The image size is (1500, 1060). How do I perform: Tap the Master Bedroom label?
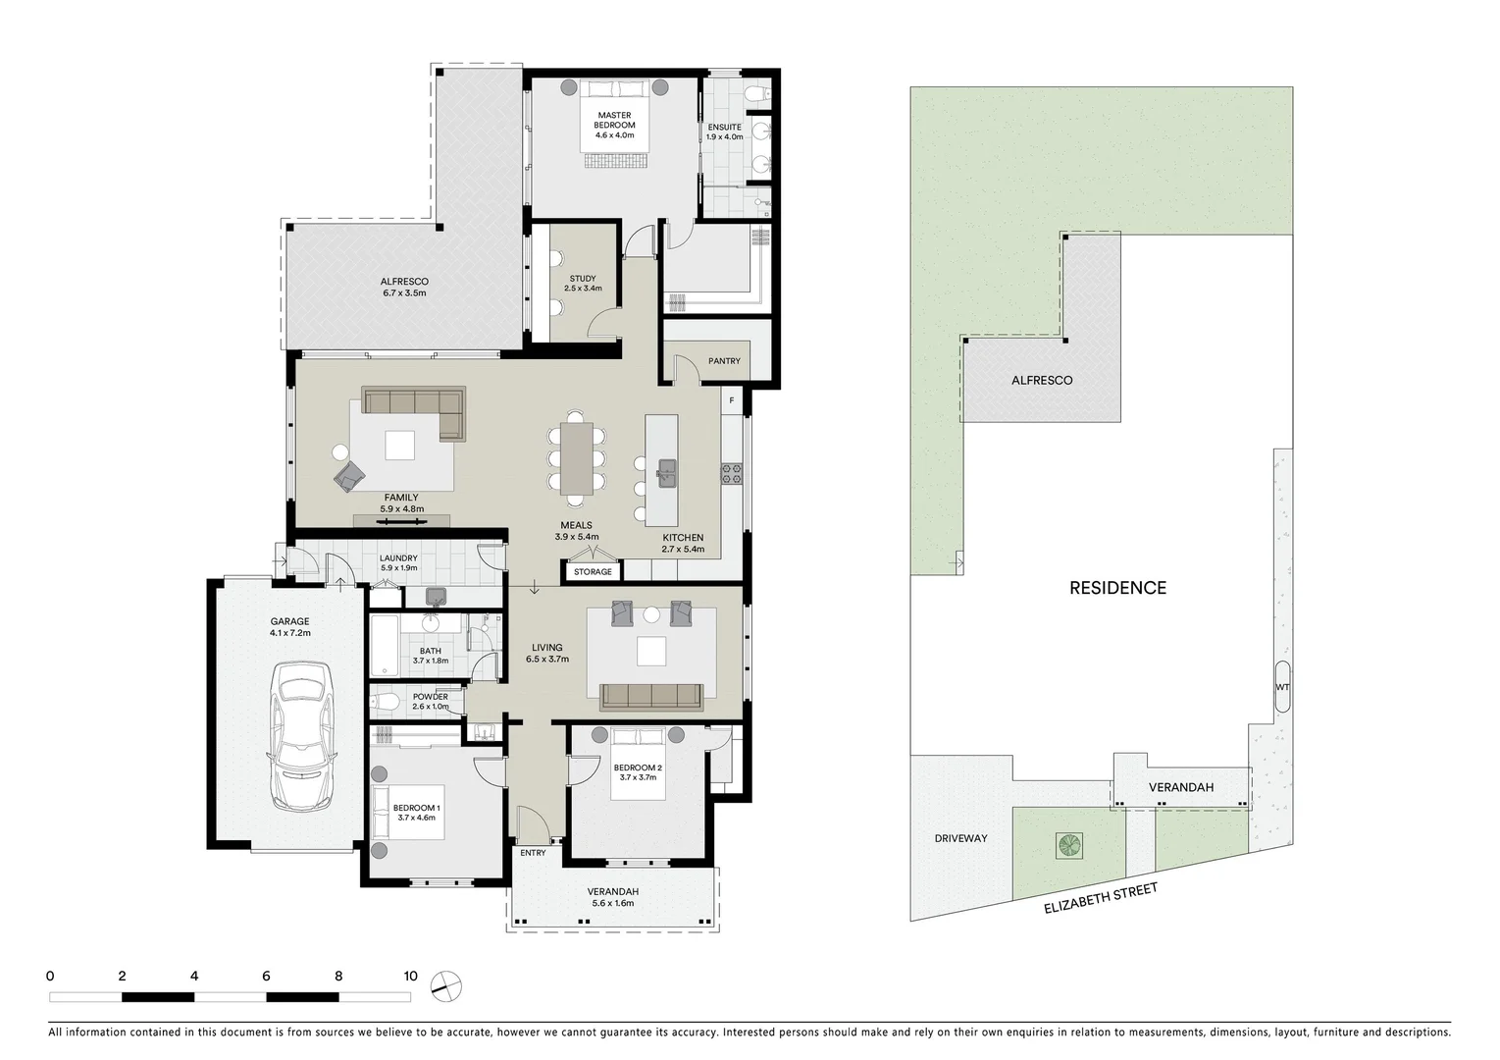tap(614, 125)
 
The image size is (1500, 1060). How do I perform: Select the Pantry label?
tap(724, 361)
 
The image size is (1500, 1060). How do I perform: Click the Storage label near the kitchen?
tap(593, 571)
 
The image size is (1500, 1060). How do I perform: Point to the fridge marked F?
tap(731, 400)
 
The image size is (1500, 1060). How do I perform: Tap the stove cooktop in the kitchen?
tap(732, 473)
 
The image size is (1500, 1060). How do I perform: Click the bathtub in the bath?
tap(384, 645)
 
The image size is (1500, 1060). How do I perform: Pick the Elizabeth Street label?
tap(1102, 898)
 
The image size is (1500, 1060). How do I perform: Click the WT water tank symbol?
tap(1282, 687)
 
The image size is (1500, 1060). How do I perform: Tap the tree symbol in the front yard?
tap(1067, 845)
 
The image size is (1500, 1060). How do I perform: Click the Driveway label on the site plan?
tap(960, 838)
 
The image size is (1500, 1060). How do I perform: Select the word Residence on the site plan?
tap(1117, 588)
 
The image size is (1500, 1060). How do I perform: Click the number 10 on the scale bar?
tap(410, 976)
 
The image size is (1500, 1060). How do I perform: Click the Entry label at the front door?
tap(533, 853)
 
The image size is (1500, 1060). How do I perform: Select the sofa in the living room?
tap(651, 695)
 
